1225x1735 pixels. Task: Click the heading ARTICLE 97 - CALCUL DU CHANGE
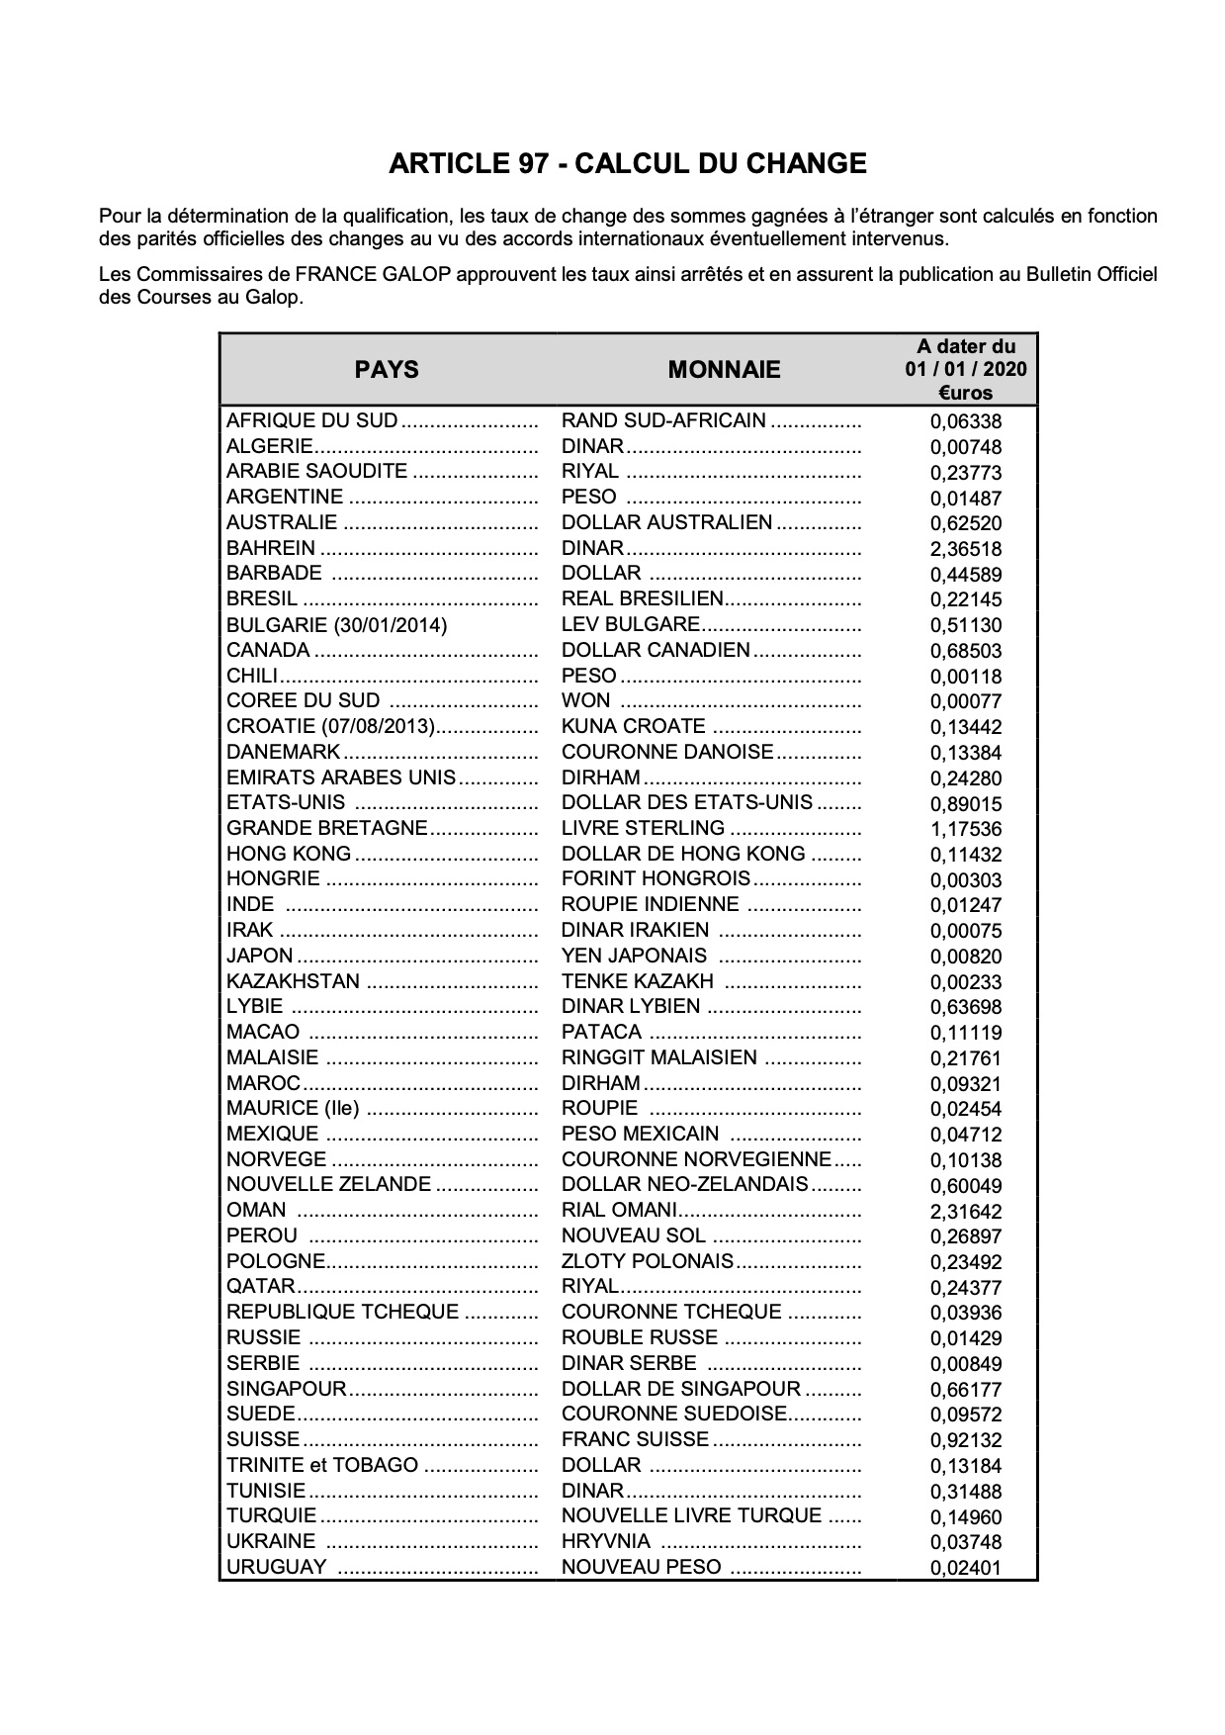click(627, 163)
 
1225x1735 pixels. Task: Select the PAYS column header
click(387, 370)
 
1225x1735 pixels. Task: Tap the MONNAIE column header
click(724, 370)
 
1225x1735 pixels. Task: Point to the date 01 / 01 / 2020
click(965, 370)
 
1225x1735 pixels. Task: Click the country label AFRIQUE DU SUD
click(312, 420)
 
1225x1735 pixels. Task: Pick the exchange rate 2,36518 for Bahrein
click(965, 550)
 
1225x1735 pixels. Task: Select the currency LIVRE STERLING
click(643, 828)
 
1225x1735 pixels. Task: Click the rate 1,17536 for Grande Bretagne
click(965, 830)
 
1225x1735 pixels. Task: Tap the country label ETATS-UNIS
click(286, 802)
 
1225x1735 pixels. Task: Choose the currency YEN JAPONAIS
click(634, 956)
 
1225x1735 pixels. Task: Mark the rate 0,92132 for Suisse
click(965, 1441)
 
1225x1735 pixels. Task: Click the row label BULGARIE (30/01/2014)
click(336, 625)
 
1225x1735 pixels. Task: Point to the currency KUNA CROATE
click(633, 726)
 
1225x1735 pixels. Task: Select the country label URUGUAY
click(276, 1567)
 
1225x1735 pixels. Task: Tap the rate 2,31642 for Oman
click(965, 1212)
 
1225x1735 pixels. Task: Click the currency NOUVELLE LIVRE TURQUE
click(691, 1515)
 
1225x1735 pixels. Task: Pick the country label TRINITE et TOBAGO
click(322, 1465)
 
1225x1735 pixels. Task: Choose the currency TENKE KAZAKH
click(637, 981)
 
